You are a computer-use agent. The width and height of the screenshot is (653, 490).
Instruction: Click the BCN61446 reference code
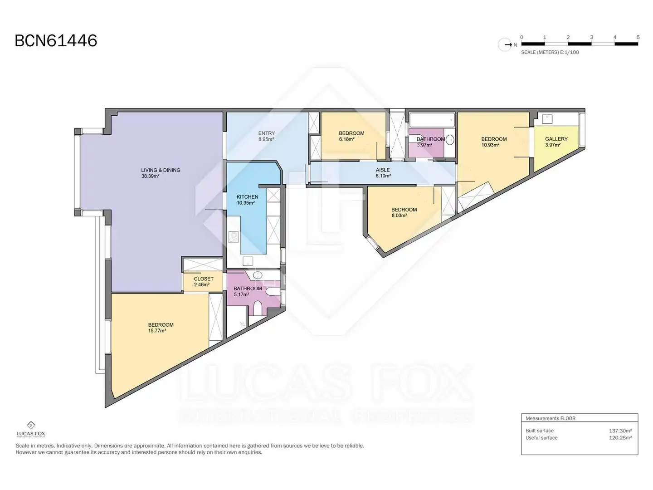(x=56, y=41)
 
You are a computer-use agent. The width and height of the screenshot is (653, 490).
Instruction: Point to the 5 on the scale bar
(x=638, y=37)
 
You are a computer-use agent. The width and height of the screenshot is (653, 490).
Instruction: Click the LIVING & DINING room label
(x=161, y=170)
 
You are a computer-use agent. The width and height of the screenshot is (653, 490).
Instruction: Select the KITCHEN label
(x=247, y=196)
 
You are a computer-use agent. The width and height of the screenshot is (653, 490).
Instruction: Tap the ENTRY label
(x=266, y=133)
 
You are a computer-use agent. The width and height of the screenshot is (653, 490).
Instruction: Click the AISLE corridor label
(x=383, y=170)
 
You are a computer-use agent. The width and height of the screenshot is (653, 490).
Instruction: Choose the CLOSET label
(x=204, y=279)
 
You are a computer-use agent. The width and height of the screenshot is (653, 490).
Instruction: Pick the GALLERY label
(x=556, y=139)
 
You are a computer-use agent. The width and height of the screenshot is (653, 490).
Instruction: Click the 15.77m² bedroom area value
(x=157, y=331)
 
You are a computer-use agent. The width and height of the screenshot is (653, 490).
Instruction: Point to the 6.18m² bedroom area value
(x=346, y=139)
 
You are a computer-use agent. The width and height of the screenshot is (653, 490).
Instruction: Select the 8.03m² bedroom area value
(x=399, y=216)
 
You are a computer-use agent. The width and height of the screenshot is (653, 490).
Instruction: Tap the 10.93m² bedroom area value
(x=490, y=145)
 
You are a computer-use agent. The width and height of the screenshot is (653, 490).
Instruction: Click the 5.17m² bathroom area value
(x=241, y=294)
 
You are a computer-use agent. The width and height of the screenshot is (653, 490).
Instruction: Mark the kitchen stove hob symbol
(x=233, y=237)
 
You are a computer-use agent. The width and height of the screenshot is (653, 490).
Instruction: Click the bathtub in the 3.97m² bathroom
(x=432, y=120)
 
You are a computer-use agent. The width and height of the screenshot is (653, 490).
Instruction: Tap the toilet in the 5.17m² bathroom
(x=258, y=308)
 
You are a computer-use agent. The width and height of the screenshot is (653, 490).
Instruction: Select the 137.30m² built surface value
(x=620, y=431)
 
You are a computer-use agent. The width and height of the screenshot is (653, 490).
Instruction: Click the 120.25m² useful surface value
(x=620, y=438)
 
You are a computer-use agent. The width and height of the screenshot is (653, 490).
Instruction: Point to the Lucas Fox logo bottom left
(x=31, y=429)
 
